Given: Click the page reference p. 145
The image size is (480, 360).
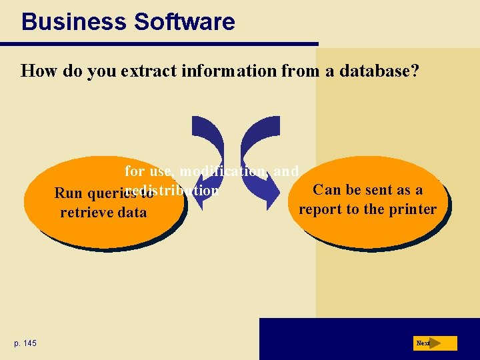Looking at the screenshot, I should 25,343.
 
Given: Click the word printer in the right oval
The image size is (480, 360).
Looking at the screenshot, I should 413,209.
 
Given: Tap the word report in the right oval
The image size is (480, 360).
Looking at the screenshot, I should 319,209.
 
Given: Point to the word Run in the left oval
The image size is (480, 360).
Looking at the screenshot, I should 67,194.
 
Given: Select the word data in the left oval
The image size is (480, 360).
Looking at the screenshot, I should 131,213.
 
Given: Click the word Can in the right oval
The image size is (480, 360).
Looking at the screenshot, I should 326,190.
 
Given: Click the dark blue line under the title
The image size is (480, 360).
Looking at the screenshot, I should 159,44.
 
